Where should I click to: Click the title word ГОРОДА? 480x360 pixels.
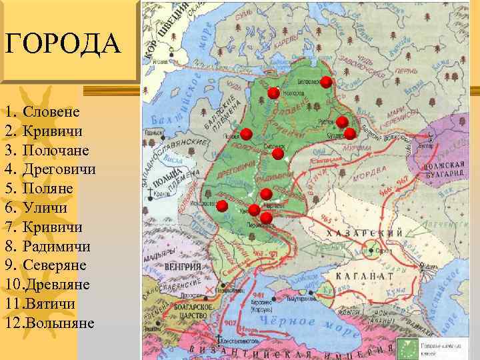point(63,45)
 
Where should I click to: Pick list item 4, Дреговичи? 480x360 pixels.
point(59,169)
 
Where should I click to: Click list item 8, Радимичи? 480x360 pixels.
point(57,247)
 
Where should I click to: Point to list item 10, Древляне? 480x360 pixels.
point(57,285)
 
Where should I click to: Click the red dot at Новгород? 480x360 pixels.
point(273,93)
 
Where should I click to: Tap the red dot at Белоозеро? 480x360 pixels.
point(326,82)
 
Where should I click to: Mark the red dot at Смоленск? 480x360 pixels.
point(278,154)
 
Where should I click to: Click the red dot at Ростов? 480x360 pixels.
point(342,121)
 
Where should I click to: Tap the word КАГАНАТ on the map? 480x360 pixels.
point(364,275)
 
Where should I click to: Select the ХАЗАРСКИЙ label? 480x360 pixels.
point(364,233)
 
